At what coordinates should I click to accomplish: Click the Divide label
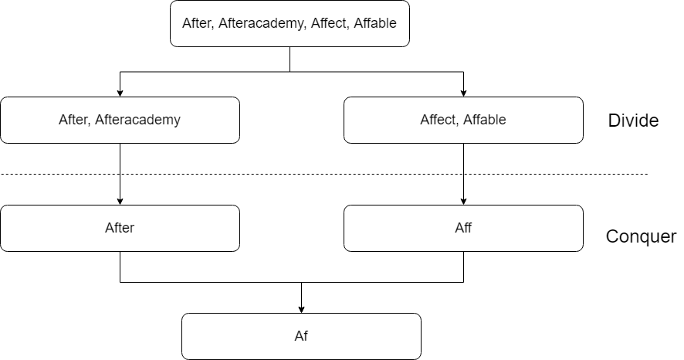pyautogui.click(x=633, y=121)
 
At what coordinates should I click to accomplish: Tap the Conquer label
pyautogui.click(x=641, y=236)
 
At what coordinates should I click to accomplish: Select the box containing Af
pyautogui.click(x=301, y=336)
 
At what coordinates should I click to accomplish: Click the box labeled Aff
pyautogui.click(x=463, y=228)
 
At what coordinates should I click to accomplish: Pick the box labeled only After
pyautogui.click(x=120, y=228)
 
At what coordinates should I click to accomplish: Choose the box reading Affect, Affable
pyautogui.click(x=463, y=120)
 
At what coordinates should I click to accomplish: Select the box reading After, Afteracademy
pyautogui.click(x=120, y=120)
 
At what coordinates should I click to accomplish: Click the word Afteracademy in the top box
pyautogui.click(x=261, y=24)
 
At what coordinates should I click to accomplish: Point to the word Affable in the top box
pyautogui.click(x=375, y=22)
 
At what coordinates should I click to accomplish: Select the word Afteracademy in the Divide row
pyautogui.click(x=138, y=120)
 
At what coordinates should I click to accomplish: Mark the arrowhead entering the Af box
pyautogui.click(x=301, y=309)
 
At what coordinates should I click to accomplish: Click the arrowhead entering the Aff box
pyautogui.click(x=463, y=201)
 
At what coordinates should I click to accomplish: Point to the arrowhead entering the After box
pyautogui.click(x=120, y=201)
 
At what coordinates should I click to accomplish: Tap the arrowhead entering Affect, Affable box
pyautogui.click(x=463, y=93)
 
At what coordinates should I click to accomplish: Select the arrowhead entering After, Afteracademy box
pyautogui.click(x=120, y=93)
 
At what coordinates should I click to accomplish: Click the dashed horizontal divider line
pyautogui.click(x=324, y=174)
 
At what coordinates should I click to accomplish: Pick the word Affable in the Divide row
pyautogui.click(x=485, y=120)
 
